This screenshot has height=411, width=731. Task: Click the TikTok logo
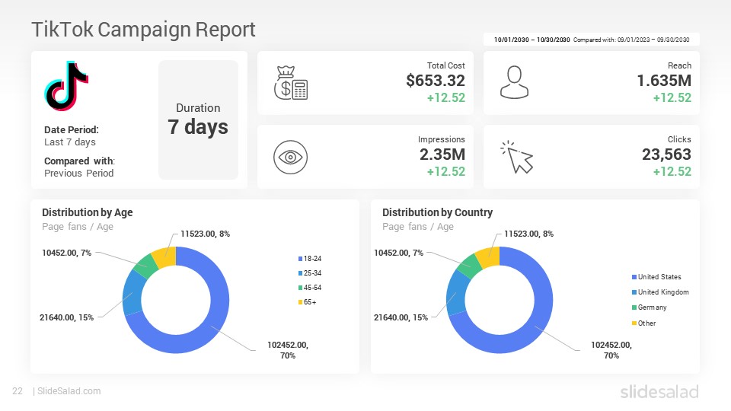tap(66, 86)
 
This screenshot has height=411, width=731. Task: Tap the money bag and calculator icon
tap(290, 83)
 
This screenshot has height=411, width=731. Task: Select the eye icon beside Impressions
tap(290, 157)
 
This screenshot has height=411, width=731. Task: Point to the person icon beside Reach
tap(514, 82)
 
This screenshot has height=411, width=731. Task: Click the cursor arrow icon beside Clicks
tap(517, 157)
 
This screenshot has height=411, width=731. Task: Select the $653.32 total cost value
tap(436, 81)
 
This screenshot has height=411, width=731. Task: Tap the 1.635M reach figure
tap(664, 81)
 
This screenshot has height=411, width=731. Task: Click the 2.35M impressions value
tap(442, 155)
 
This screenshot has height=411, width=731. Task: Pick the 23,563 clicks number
tap(666, 155)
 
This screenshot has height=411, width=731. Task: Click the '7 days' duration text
tap(198, 127)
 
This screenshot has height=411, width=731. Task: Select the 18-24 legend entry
tap(310, 259)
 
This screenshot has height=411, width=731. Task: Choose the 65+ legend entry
tap(307, 302)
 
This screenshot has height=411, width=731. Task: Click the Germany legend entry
tap(650, 307)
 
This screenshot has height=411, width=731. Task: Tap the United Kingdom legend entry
tap(660, 292)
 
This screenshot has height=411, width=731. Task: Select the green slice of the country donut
tap(470, 265)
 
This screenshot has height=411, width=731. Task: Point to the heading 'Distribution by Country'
tap(437, 212)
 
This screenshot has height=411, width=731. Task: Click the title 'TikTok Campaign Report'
tap(144, 30)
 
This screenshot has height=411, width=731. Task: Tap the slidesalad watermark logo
tap(659, 391)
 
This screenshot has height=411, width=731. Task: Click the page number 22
tap(18, 391)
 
